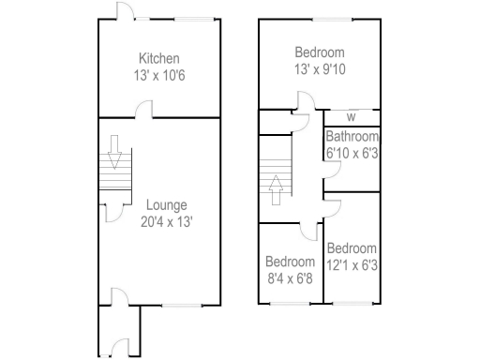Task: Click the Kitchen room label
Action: click(160, 59)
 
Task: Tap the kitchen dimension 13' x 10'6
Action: click(160, 75)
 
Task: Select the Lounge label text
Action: click(166, 205)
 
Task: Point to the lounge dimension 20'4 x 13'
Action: click(166, 222)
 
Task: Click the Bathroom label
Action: click(352, 137)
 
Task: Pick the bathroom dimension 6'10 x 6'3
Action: click(352, 153)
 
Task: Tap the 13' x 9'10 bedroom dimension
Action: click(319, 68)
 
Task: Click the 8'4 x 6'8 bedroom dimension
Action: click(290, 277)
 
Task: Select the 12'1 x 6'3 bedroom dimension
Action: click(352, 265)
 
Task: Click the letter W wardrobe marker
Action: click(351, 117)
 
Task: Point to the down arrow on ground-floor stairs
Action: click(114, 150)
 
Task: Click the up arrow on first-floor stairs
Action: click(276, 190)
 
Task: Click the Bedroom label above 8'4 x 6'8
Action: click(290, 262)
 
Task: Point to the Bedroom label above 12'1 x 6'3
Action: click(352, 249)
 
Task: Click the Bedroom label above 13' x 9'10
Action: click(319, 52)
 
